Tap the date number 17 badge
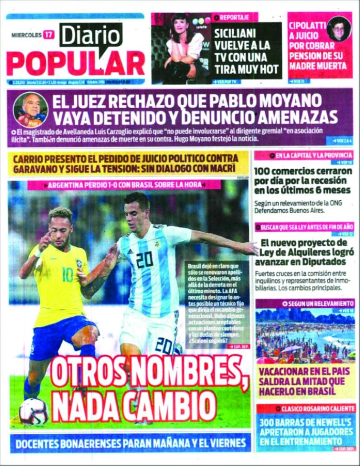[48, 34]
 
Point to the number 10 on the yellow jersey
[68, 274]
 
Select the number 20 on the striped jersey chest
[144, 259]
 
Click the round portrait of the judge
[30, 110]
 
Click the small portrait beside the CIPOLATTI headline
[339, 29]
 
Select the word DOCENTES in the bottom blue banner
[39, 444]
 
